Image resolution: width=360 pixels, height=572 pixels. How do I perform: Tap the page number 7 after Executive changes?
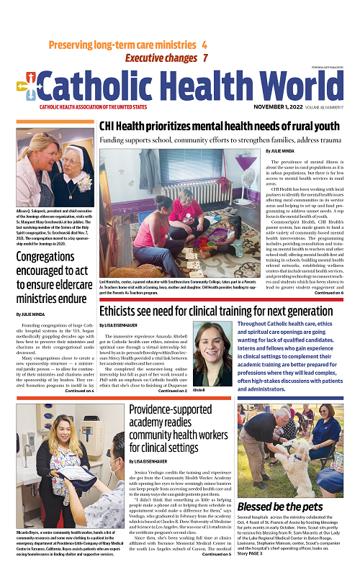[x=205, y=58]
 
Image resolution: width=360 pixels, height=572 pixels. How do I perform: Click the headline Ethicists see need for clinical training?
[x=227, y=312]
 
